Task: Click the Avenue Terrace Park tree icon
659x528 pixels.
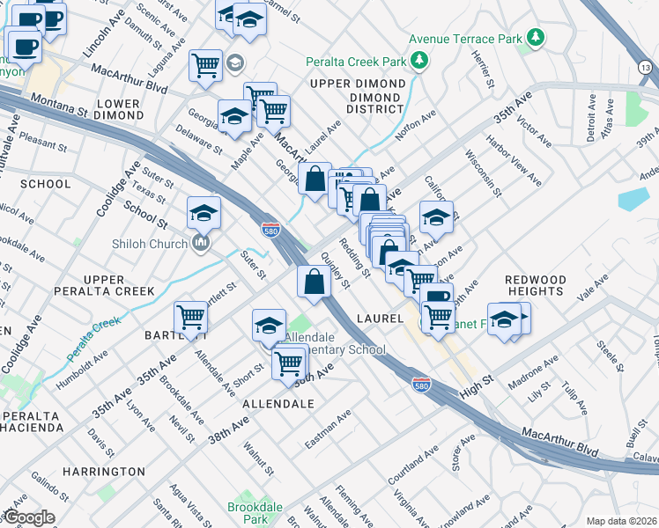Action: pyautogui.click(x=535, y=37)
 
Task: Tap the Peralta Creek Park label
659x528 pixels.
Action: pyautogui.click(x=356, y=62)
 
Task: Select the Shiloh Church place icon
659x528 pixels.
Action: pyautogui.click(x=202, y=243)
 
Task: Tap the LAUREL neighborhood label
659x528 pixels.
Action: pyautogui.click(x=380, y=317)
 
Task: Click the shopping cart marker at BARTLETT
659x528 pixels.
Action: pyautogui.click(x=190, y=317)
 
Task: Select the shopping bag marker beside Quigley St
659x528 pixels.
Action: pyautogui.click(x=315, y=282)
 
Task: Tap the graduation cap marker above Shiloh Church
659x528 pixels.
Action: pyautogui.click(x=204, y=213)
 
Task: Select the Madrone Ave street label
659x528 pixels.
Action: pyautogui.click(x=537, y=367)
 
